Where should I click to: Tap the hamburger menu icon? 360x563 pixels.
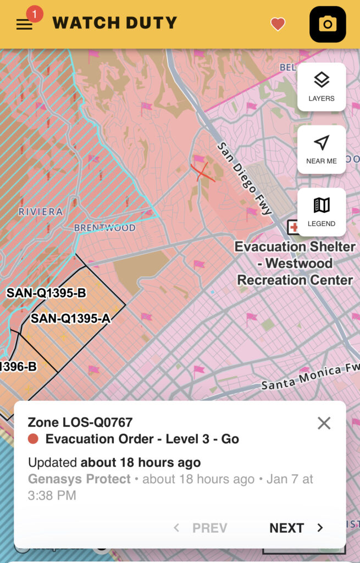point(24,25)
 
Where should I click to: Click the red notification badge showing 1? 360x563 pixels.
point(35,14)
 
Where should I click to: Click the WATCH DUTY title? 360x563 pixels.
point(114,23)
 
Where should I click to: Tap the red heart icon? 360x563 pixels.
point(278,24)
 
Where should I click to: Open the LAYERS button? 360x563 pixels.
point(322,87)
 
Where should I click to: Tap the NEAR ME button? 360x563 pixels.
point(322,150)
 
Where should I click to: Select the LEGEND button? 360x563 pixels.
point(322,212)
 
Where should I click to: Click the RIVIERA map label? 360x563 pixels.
point(41,212)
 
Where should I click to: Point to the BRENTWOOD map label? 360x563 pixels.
point(104,228)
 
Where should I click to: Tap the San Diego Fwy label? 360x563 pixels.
point(245,179)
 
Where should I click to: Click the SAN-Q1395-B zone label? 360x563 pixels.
point(46,293)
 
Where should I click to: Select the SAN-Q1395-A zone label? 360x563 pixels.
point(70,318)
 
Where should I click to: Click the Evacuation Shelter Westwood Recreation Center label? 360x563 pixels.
point(295,263)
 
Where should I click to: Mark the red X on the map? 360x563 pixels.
point(199,172)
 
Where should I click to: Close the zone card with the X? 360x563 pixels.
point(324,423)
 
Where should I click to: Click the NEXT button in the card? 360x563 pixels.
point(296,528)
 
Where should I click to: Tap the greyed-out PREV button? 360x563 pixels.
point(201,528)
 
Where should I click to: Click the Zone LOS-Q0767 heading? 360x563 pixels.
point(80,422)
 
